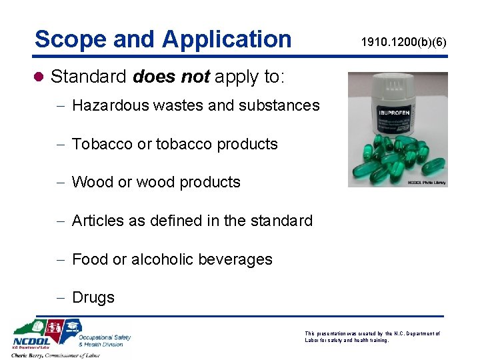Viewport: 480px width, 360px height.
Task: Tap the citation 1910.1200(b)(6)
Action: click(403, 43)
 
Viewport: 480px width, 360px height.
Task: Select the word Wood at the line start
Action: click(93, 182)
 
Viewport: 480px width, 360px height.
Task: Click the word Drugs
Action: click(93, 297)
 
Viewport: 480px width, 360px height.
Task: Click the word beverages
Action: click(239, 259)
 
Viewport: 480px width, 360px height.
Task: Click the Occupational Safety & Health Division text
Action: click(104, 340)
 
